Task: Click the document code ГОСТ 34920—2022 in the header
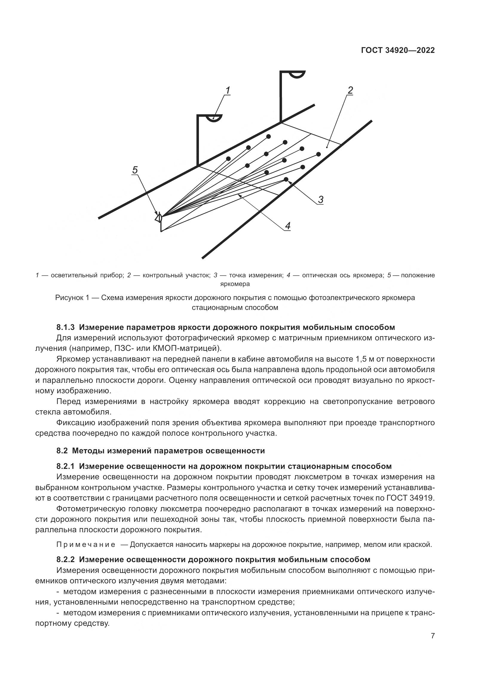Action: tap(398, 51)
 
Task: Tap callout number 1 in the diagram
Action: tap(228, 90)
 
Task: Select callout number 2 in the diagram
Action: tap(350, 90)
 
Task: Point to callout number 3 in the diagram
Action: tap(320, 200)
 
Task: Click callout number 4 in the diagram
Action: tap(287, 226)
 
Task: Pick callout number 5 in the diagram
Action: tap(135, 170)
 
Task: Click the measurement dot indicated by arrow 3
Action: tap(286, 179)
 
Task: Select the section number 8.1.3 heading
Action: tap(65, 327)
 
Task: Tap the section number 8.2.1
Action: tap(65, 466)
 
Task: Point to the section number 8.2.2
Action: tap(65, 559)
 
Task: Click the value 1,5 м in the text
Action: tap(364, 359)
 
